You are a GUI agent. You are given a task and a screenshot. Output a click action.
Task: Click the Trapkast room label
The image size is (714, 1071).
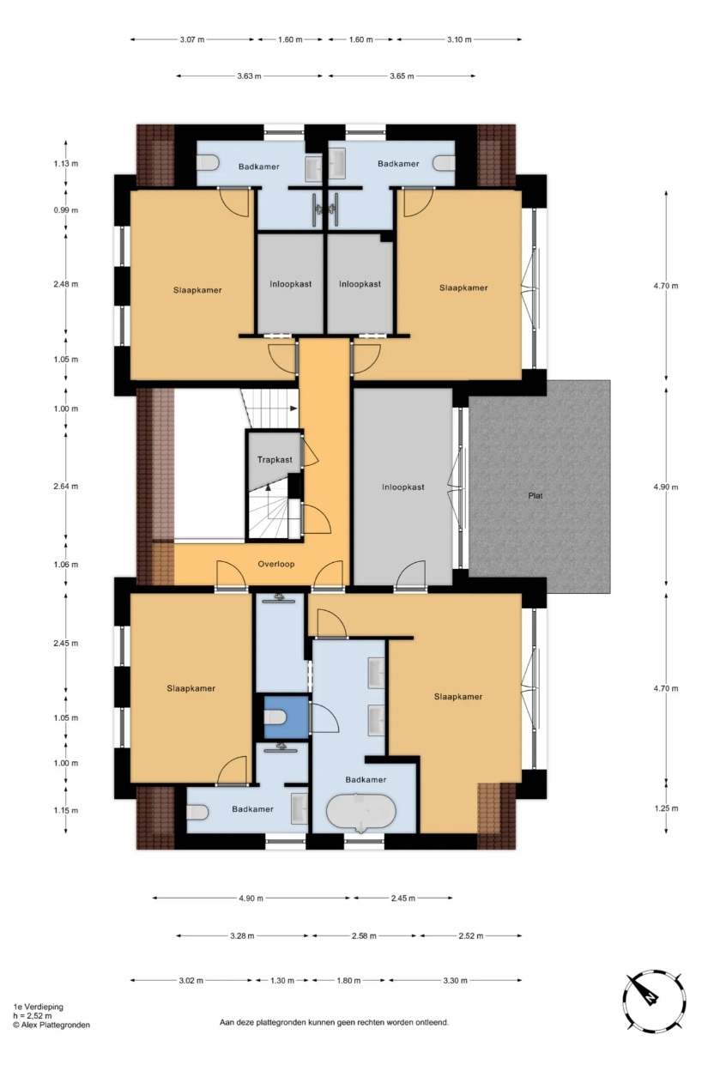275,459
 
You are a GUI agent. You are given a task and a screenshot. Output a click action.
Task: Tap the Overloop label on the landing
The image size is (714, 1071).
276,564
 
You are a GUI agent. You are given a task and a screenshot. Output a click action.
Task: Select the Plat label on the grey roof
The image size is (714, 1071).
535,495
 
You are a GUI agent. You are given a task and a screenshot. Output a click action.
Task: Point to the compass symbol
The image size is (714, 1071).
653,1001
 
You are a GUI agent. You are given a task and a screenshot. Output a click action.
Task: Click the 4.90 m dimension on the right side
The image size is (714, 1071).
666,487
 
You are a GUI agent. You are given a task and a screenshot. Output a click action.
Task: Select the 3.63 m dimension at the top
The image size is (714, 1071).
249,76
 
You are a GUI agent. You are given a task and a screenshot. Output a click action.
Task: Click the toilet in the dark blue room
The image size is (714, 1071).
275,717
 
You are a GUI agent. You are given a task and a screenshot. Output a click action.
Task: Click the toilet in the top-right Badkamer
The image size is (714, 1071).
444,162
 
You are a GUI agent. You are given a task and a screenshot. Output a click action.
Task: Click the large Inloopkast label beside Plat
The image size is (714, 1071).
403,487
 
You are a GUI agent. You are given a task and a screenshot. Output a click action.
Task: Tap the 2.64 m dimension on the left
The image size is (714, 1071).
66,487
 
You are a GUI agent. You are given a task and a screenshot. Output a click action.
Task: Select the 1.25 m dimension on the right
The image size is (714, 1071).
666,808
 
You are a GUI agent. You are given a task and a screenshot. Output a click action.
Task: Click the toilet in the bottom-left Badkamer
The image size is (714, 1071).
197,812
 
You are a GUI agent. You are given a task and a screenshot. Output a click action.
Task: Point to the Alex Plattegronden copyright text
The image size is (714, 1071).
51,1025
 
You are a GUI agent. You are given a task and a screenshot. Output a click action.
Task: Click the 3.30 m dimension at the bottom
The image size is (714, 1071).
455,980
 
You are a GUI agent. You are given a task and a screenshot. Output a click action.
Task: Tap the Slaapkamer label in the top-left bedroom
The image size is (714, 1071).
197,290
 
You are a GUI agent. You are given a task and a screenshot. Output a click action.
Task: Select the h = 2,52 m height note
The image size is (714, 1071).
33,1016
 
